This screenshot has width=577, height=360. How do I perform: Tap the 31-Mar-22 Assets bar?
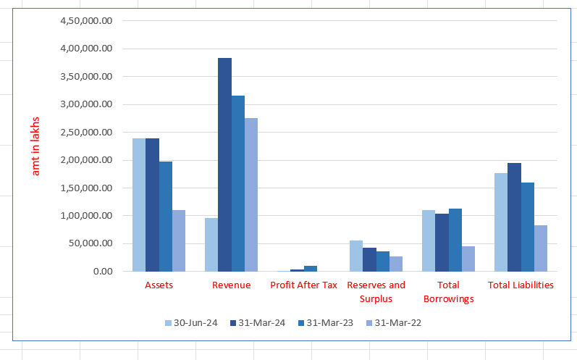point(179,240)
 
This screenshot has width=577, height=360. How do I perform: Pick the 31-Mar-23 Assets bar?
point(166,217)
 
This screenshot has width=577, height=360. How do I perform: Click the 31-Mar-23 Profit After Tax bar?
point(311,269)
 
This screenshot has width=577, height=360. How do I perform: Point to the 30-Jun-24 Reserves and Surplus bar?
point(356,256)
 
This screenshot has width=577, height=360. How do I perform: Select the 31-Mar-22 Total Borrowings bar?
point(468,259)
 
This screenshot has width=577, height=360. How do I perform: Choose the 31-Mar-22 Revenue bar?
point(251,195)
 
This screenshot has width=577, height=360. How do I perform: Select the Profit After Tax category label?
point(303,285)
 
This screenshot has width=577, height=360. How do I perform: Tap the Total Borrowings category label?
point(448,292)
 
